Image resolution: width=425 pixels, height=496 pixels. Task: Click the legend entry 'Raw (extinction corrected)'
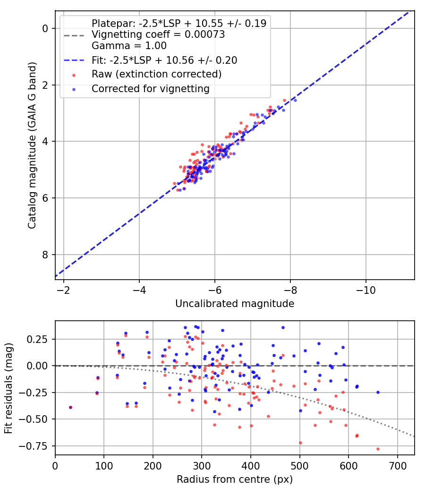pos(156,74)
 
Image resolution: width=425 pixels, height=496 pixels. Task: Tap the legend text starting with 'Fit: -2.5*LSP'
pos(164,60)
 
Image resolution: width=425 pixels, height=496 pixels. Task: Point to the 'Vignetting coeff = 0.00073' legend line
pos(158,34)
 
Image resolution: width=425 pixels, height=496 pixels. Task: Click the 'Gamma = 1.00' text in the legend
pos(129,46)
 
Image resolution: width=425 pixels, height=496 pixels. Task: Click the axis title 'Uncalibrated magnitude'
pos(235,304)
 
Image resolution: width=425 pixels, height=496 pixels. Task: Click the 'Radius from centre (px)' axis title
pos(235,479)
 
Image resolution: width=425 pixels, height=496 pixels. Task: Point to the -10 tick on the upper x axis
pos(365,289)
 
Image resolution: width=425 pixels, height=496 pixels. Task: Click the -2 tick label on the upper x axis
pos(63,289)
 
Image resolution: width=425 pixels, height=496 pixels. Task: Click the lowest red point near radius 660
pos(378,449)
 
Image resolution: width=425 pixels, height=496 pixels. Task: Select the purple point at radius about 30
pos(70,407)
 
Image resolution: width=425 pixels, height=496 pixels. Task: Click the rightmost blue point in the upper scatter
pos(295,100)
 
